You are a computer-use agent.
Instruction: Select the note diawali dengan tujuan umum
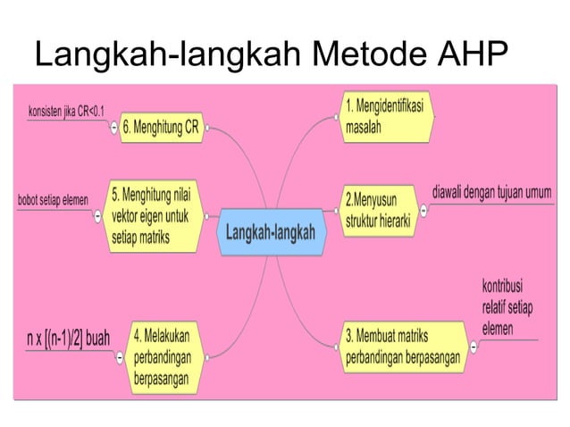click(491, 192)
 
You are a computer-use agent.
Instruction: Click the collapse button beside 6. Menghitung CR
click(114, 129)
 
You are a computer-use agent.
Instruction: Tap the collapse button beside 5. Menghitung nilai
click(97, 215)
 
